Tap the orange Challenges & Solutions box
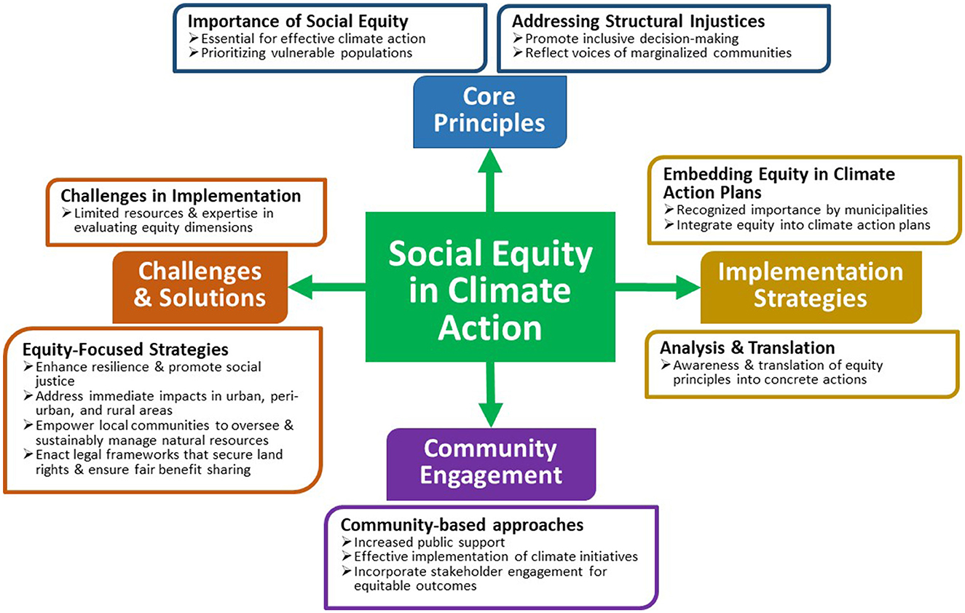coord(200,285)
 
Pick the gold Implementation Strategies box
coord(810,285)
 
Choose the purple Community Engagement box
coord(491,463)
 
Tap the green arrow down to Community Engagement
coord(490,397)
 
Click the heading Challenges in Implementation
coord(181,196)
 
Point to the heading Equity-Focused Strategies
coord(125,349)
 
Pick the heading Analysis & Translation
coord(747,347)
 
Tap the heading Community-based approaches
coord(462,525)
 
